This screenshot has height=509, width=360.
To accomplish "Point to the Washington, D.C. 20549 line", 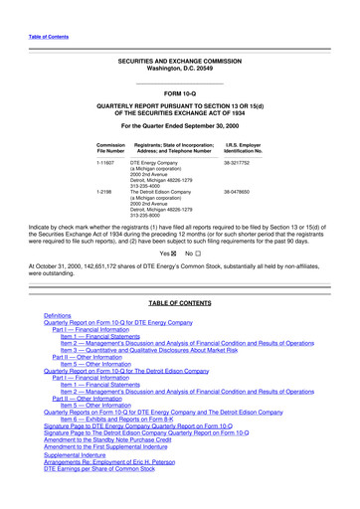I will (179, 68).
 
